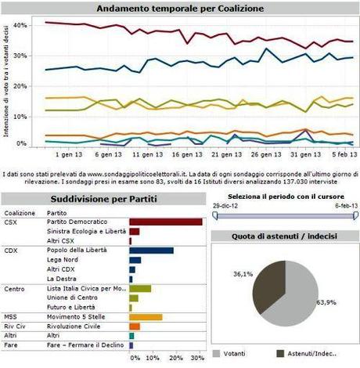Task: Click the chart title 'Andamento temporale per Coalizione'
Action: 179,9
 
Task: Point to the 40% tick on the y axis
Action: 22,25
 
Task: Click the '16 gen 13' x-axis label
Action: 181,155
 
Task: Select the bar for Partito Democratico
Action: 165,222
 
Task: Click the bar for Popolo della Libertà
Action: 151,251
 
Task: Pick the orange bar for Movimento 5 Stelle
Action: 146,317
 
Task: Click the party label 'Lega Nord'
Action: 64,260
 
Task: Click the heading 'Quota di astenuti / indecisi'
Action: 285,236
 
